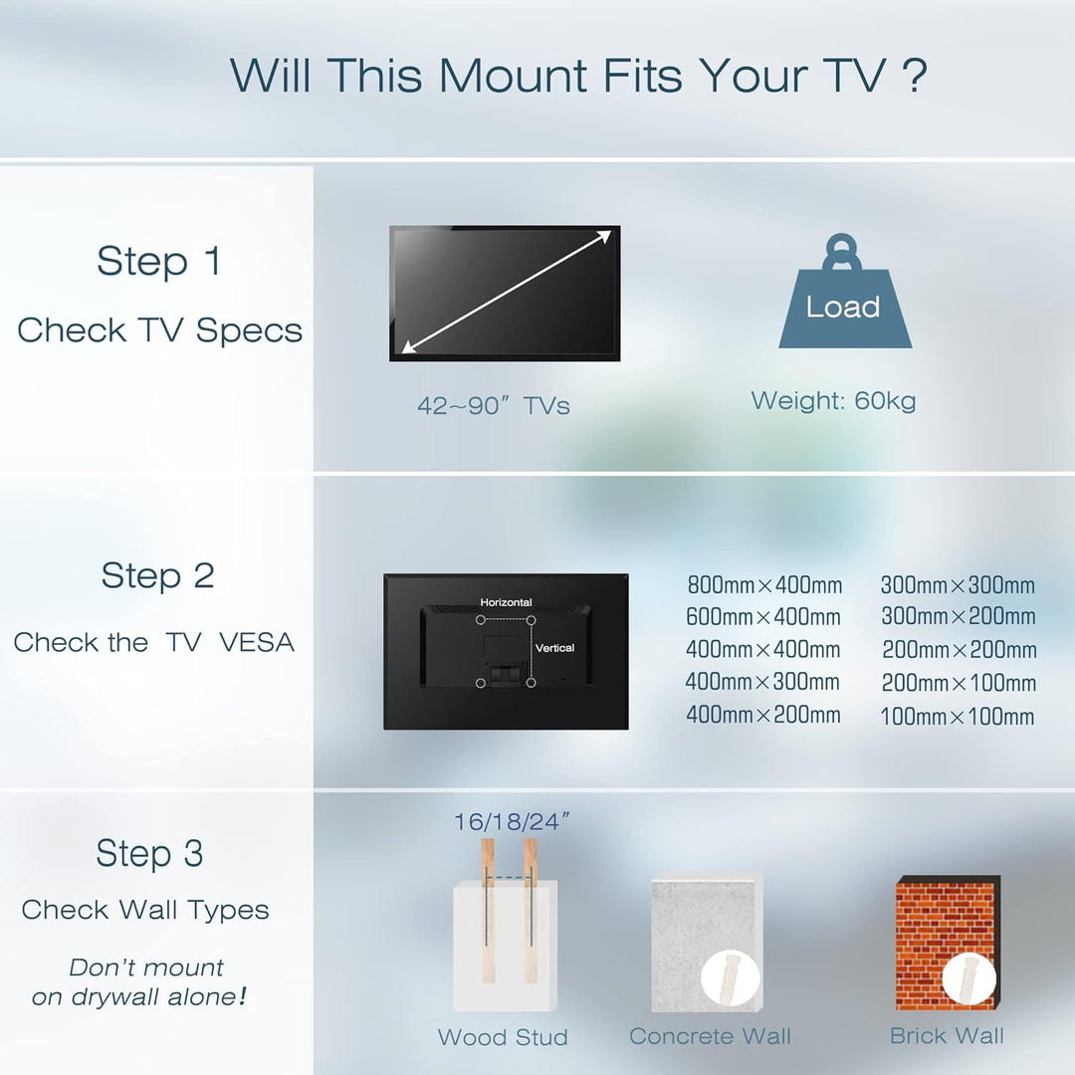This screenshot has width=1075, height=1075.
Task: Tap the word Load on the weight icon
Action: coord(843,307)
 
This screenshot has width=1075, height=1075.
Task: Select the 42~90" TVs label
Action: coord(494,405)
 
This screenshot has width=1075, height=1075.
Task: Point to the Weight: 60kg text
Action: coord(834,400)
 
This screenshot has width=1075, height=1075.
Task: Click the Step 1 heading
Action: coord(159,261)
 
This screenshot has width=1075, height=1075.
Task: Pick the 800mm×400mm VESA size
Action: coord(764,585)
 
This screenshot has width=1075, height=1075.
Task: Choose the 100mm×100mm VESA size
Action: coord(958,717)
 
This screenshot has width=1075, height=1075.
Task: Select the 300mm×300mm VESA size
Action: coord(958,585)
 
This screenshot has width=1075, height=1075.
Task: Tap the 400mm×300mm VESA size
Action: coord(762,682)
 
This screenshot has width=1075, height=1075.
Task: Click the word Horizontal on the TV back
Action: coord(506,602)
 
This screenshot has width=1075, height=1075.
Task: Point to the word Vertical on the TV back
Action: coord(554,648)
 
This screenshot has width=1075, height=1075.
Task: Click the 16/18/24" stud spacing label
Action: coord(512,821)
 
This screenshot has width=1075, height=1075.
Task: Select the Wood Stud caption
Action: coord(503,1036)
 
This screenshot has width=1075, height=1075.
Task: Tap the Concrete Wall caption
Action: coord(711,1036)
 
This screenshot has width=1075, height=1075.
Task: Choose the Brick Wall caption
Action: coord(947,1035)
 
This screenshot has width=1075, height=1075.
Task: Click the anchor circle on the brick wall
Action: coord(969,978)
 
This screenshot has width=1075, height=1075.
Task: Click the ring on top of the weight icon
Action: coord(842,252)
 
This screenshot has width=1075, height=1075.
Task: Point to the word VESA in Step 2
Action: coord(257,642)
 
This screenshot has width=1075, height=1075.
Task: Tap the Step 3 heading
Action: coord(149,854)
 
